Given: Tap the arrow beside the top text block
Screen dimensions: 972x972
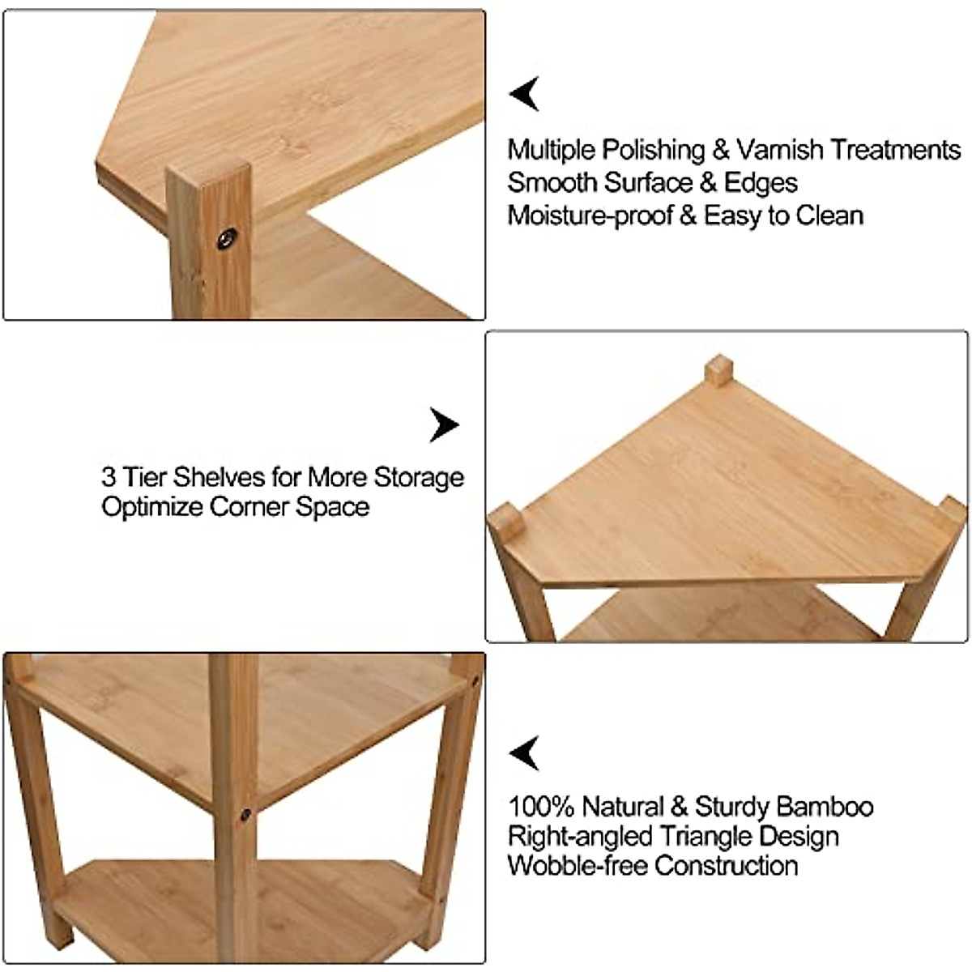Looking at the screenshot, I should click(524, 94).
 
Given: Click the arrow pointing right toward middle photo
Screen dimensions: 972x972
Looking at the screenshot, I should click(443, 424).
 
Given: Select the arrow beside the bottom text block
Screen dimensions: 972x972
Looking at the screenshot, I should click(524, 753).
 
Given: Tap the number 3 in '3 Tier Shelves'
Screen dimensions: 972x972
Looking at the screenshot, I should click(109, 477).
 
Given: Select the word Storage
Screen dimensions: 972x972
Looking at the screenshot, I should click(419, 477).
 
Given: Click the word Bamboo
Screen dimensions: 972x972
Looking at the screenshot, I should click(825, 808).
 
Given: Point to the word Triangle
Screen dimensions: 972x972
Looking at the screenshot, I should click(707, 836).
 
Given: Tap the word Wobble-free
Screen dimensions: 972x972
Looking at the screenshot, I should click(578, 865).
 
